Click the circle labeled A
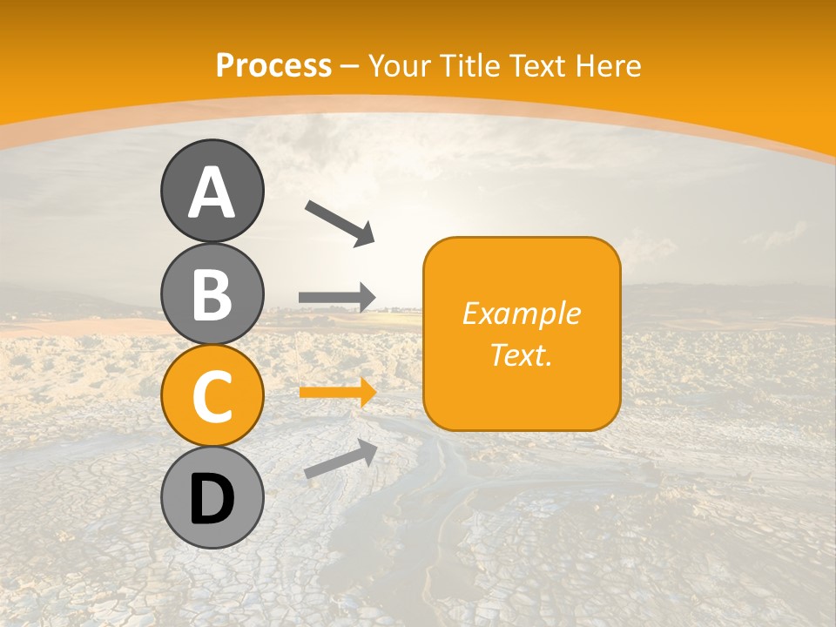[x=212, y=191]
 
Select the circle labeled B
[x=212, y=294]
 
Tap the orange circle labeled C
[x=212, y=396]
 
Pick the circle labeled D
[x=212, y=497]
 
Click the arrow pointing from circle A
[x=340, y=222]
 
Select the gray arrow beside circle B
[x=337, y=297]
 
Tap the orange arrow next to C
[x=338, y=393]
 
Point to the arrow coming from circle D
[x=340, y=459]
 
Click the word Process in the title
[x=273, y=65]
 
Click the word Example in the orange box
[x=521, y=313]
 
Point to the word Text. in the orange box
[x=521, y=355]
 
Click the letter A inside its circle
[x=212, y=193]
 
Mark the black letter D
[x=212, y=499]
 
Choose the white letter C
[x=212, y=397]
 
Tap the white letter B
[x=212, y=295]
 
